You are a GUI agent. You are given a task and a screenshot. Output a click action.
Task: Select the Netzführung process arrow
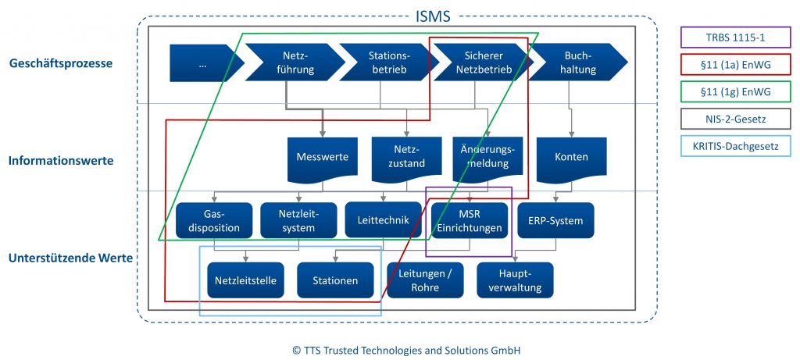tap(295, 62)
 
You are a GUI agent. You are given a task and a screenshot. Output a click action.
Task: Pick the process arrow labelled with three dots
tap(201, 63)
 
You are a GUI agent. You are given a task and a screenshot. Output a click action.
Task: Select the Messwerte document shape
tap(321, 159)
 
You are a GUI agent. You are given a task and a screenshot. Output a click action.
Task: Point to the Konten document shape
tap(570, 159)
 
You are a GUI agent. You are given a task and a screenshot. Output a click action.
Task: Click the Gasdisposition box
tap(214, 221)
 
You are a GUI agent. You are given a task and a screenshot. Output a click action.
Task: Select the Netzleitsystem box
tap(298, 221)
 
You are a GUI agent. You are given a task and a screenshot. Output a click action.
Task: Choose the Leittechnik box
tap(383, 220)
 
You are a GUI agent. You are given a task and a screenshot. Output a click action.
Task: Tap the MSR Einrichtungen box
tap(469, 221)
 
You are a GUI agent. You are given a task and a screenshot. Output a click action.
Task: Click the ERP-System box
tap(555, 221)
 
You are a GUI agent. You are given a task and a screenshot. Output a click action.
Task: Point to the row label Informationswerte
tap(61, 161)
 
